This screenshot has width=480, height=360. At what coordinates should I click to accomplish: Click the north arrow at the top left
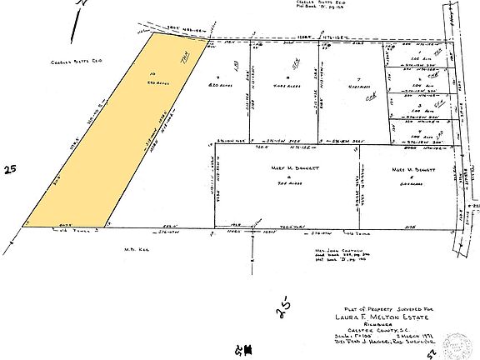77,21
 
